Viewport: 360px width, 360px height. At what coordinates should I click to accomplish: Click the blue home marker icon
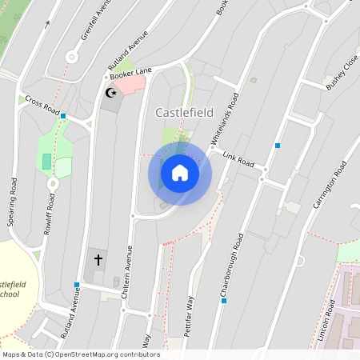click(179, 173)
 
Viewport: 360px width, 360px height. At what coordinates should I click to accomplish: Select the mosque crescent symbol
click(110, 94)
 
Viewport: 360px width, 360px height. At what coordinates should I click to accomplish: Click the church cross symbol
click(98, 259)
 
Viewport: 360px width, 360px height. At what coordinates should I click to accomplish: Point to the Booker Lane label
click(130, 73)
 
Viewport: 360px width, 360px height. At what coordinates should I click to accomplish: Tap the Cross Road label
click(42, 105)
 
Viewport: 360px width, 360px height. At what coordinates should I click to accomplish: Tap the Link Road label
click(238, 159)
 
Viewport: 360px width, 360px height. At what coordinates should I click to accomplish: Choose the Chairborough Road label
click(231, 267)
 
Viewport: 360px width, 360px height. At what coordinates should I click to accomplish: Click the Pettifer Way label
click(190, 317)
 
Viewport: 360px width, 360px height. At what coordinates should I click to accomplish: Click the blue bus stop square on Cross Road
click(63, 116)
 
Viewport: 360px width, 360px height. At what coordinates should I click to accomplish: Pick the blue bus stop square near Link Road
click(278, 146)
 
